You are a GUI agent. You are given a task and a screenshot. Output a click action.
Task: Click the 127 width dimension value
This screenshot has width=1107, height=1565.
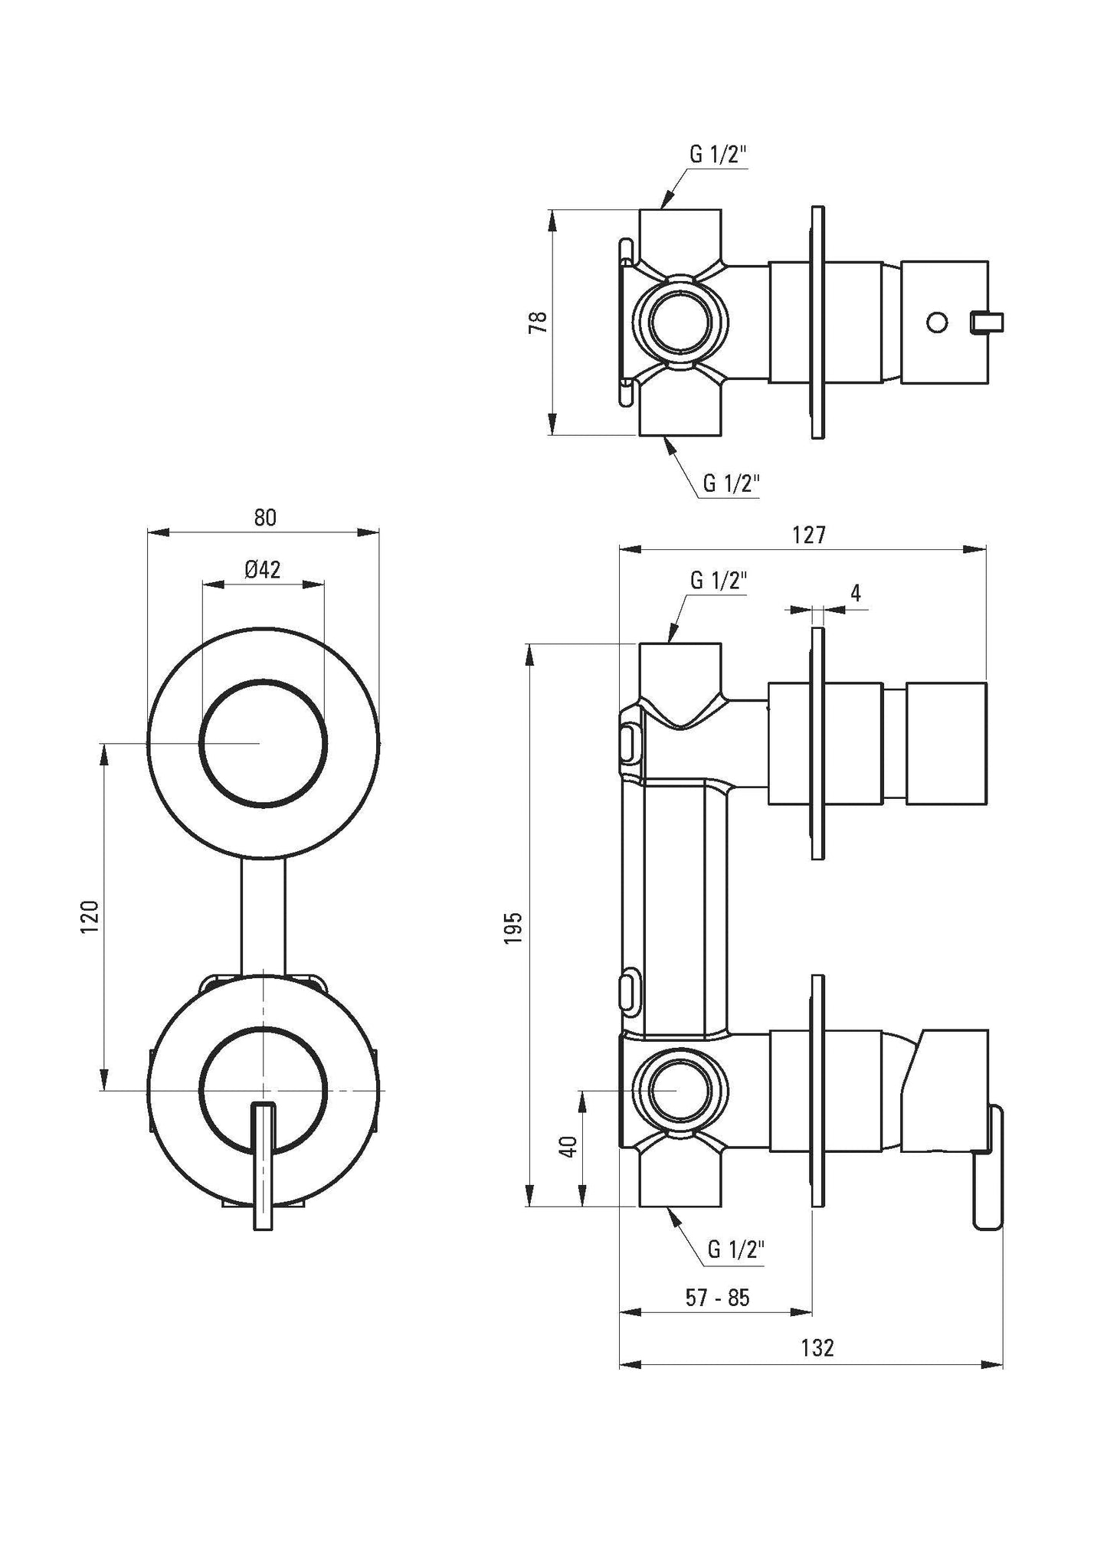[x=809, y=535]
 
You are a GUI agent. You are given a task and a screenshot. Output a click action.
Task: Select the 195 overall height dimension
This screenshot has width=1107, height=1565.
[x=513, y=927]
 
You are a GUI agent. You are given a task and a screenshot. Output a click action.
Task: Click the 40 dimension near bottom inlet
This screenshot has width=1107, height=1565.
[x=568, y=1146]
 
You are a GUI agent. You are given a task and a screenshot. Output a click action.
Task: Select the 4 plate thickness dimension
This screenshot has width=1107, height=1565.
[x=856, y=593]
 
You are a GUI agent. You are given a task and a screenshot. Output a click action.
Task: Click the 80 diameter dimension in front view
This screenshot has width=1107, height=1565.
[x=264, y=518]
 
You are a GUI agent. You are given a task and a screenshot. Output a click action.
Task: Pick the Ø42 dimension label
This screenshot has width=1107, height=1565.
[x=263, y=569]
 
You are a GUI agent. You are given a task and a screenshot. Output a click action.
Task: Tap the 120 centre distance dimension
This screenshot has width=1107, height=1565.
[x=90, y=917]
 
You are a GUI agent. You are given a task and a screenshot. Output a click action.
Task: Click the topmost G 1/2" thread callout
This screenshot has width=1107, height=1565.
[x=718, y=155]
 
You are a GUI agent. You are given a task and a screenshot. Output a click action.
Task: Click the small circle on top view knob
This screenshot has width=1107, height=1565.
[x=936, y=322]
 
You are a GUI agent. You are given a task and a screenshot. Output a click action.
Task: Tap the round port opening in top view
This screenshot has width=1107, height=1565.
[x=679, y=322]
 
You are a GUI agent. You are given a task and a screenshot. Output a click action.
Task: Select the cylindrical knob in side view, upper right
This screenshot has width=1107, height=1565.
[x=945, y=742]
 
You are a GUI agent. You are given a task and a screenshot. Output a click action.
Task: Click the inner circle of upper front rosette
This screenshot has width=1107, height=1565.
[x=263, y=742]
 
